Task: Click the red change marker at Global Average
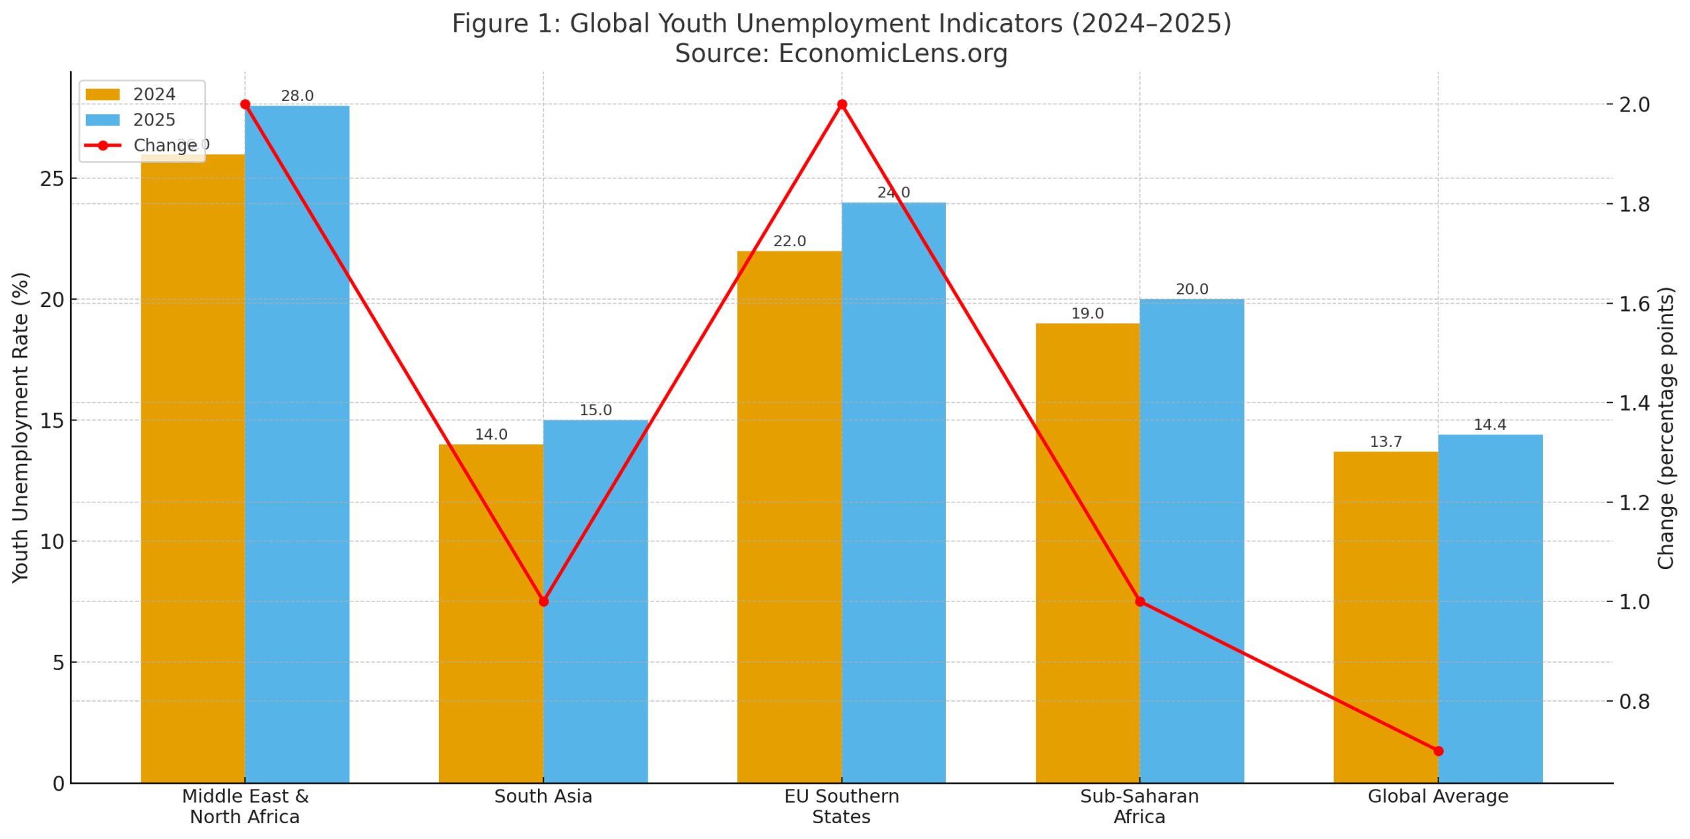(1438, 751)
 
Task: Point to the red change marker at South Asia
(543, 601)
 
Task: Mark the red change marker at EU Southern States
(842, 104)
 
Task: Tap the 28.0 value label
(297, 96)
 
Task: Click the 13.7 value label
(1385, 442)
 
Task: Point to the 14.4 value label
(1489, 424)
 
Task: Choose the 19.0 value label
(1087, 314)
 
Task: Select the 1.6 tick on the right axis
(1634, 304)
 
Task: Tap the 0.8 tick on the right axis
(1634, 701)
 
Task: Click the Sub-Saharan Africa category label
(1139, 806)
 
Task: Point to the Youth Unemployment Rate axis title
(20, 427)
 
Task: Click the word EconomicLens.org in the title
(893, 53)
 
